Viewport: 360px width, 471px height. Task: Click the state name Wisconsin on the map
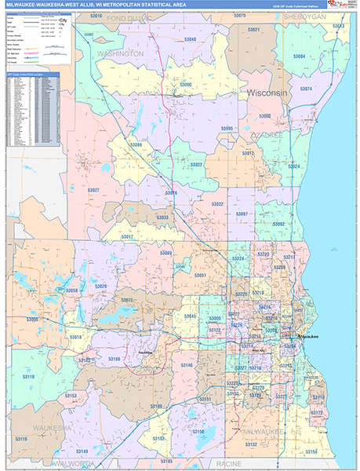pos(269,93)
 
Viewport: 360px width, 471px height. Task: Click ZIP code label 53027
pos(93,191)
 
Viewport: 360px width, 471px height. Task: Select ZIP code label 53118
pos(28,378)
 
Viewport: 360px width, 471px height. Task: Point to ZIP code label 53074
pos(306,89)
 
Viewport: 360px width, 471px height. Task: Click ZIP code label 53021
pos(253,29)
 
